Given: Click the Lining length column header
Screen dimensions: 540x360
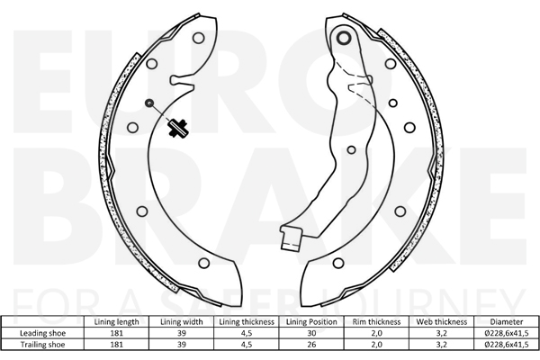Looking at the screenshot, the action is click(x=116, y=322).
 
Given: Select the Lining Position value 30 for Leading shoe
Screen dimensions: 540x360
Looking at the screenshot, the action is click(x=311, y=333).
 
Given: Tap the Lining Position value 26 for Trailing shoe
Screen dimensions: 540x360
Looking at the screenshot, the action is click(x=311, y=345).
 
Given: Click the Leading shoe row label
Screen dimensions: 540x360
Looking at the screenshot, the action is click(x=42, y=333).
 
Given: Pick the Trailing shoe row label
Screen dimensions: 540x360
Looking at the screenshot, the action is click(x=42, y=345).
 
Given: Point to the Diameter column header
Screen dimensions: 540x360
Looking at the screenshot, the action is click(x=506, y=322).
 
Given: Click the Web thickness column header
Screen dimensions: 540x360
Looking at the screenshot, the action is click(x=442, y=322).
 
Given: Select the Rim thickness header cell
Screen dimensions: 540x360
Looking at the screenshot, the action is click(x=376, y=322).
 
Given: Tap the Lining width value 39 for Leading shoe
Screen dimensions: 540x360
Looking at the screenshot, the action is click(x=182, y=333).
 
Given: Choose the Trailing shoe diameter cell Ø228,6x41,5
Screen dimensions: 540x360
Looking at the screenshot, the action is click(x=506, y=345).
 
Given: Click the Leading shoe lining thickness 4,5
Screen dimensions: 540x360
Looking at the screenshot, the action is click(x=247, y=333).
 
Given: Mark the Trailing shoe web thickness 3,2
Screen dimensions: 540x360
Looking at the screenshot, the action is click(x=442, y=345).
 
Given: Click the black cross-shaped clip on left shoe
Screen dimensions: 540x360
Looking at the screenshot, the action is click(x=177, y=128).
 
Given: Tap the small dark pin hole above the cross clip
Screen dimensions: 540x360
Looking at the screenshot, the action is click(x=149, y=103).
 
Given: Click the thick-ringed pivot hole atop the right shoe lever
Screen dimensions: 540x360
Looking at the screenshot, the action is click(x=344, y=38).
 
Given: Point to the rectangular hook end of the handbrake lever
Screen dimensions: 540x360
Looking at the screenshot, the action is click(x=291, y=237).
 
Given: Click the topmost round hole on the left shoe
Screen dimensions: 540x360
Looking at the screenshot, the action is click(x=198, y=38).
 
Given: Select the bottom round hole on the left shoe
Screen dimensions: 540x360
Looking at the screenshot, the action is click(x=204, y=263).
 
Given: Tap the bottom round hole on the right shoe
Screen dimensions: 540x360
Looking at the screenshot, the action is click(x=338, y=263).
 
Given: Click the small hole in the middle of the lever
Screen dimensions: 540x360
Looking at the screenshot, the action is click(x=352, y=150).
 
